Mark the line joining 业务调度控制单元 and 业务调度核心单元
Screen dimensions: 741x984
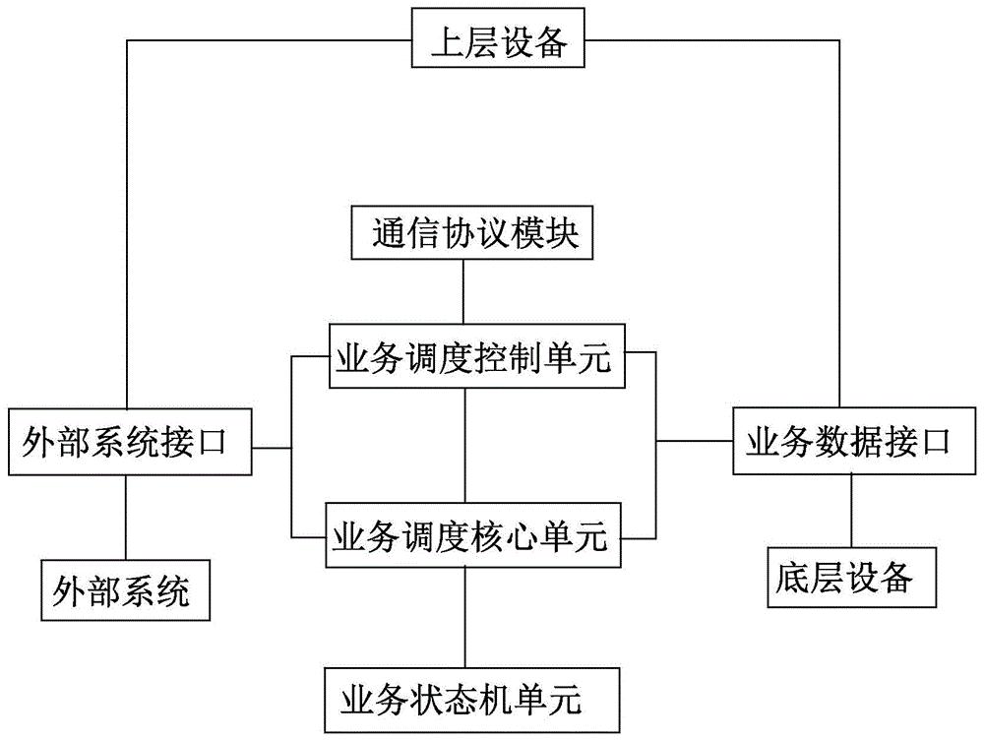[464, 449]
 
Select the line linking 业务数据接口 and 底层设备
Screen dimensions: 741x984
[849, 512]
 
